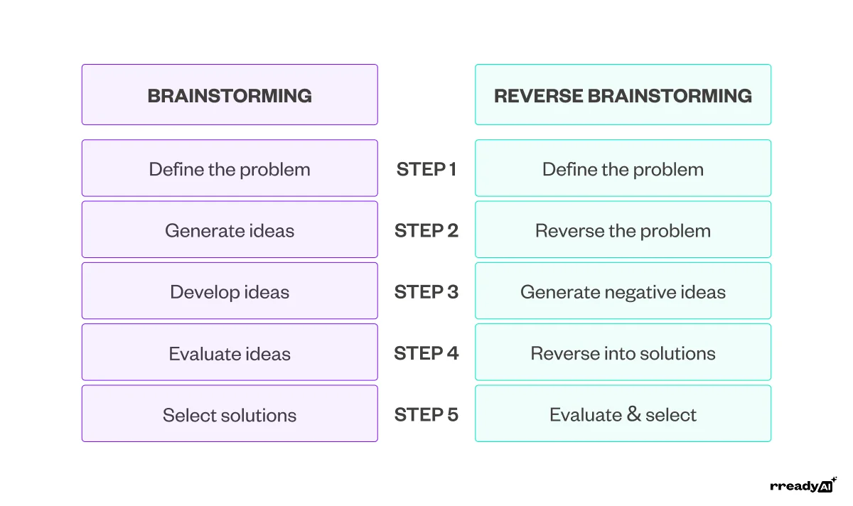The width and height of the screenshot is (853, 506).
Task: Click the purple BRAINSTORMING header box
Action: tap(230, 95)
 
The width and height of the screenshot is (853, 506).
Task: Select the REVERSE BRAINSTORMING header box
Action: tap(623, 95)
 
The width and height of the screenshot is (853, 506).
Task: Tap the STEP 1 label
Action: tap(426, 169)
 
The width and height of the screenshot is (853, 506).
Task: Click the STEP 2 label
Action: tap(426, 230)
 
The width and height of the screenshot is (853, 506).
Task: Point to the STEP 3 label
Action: tap(426, 292)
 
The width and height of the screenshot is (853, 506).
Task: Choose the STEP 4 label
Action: tap(426, 353)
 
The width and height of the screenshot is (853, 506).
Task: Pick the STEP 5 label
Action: tap(426, 414)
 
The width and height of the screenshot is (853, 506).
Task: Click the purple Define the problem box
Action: tap(230, 168)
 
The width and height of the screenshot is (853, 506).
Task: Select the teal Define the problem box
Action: tap(623, 168)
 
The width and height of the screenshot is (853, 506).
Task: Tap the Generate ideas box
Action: tap(230, 230)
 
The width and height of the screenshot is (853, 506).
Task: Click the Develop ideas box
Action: tap(230, 291)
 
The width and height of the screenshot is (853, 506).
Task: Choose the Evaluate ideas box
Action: tap(230, 352)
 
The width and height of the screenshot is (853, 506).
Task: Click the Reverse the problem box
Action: tap(623, 230)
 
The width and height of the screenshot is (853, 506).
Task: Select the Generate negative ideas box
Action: tap(623, 291)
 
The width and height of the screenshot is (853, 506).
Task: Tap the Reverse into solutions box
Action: tap(623, 352)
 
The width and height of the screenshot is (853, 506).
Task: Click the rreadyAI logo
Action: tap(803, 485)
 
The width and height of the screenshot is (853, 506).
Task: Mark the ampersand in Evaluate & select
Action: tap(632, 415)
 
